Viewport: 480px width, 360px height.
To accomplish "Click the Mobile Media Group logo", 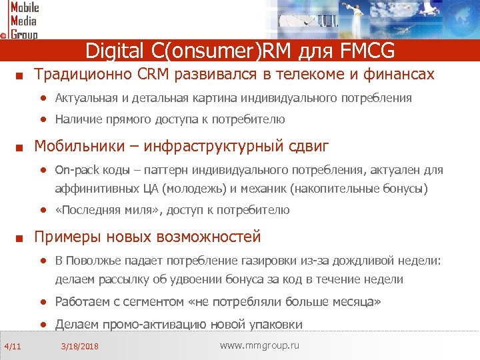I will pos(21,20).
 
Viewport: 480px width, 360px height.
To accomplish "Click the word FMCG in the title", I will pos(367,50).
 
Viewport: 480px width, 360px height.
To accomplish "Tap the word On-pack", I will pos(75,170).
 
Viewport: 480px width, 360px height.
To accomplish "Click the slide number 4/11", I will pos(13,345).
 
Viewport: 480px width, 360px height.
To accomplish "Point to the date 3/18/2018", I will pos(79,346).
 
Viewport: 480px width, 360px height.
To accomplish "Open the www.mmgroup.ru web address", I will pos(259,345).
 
